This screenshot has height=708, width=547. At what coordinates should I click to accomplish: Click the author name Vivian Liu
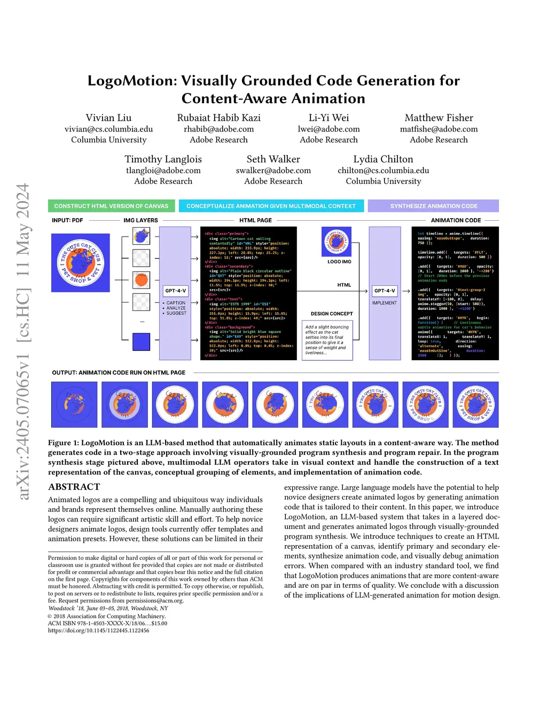pos(108,118)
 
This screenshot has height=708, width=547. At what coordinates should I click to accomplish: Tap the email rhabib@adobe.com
pos(218,129)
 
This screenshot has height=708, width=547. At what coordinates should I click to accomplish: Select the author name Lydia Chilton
pos(383,159)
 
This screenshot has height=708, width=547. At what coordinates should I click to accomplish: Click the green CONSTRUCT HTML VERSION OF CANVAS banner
pos(111,206)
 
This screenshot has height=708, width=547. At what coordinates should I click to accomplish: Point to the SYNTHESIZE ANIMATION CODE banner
pos(433,206)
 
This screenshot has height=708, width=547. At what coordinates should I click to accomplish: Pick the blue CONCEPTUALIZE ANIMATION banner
pos(271,206)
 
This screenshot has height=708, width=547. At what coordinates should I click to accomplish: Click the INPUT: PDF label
pos(67,220)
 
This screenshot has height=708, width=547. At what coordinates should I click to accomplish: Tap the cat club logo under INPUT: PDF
pos(81,263)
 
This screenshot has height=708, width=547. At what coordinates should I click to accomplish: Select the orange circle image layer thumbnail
pos(142,279)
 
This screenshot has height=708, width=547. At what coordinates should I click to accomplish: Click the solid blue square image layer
pos(142,342)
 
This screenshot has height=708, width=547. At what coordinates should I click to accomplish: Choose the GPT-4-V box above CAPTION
pos(176,291)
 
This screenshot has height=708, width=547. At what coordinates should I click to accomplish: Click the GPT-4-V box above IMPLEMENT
pos(385,291)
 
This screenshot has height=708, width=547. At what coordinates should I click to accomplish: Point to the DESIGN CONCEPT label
pos(332,314)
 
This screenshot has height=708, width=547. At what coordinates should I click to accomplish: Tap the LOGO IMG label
pos(339,262)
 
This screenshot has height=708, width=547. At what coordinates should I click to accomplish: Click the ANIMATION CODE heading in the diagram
pos(456,220)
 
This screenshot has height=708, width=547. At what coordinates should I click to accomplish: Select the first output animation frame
pos(74,404)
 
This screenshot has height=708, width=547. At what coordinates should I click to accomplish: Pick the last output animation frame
pos(475,404)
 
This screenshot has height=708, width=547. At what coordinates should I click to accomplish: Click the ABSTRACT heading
pos(74,487)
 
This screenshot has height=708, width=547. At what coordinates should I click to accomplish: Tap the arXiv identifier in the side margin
pos(23,342)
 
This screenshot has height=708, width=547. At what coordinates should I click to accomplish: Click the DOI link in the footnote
pos(98,631)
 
